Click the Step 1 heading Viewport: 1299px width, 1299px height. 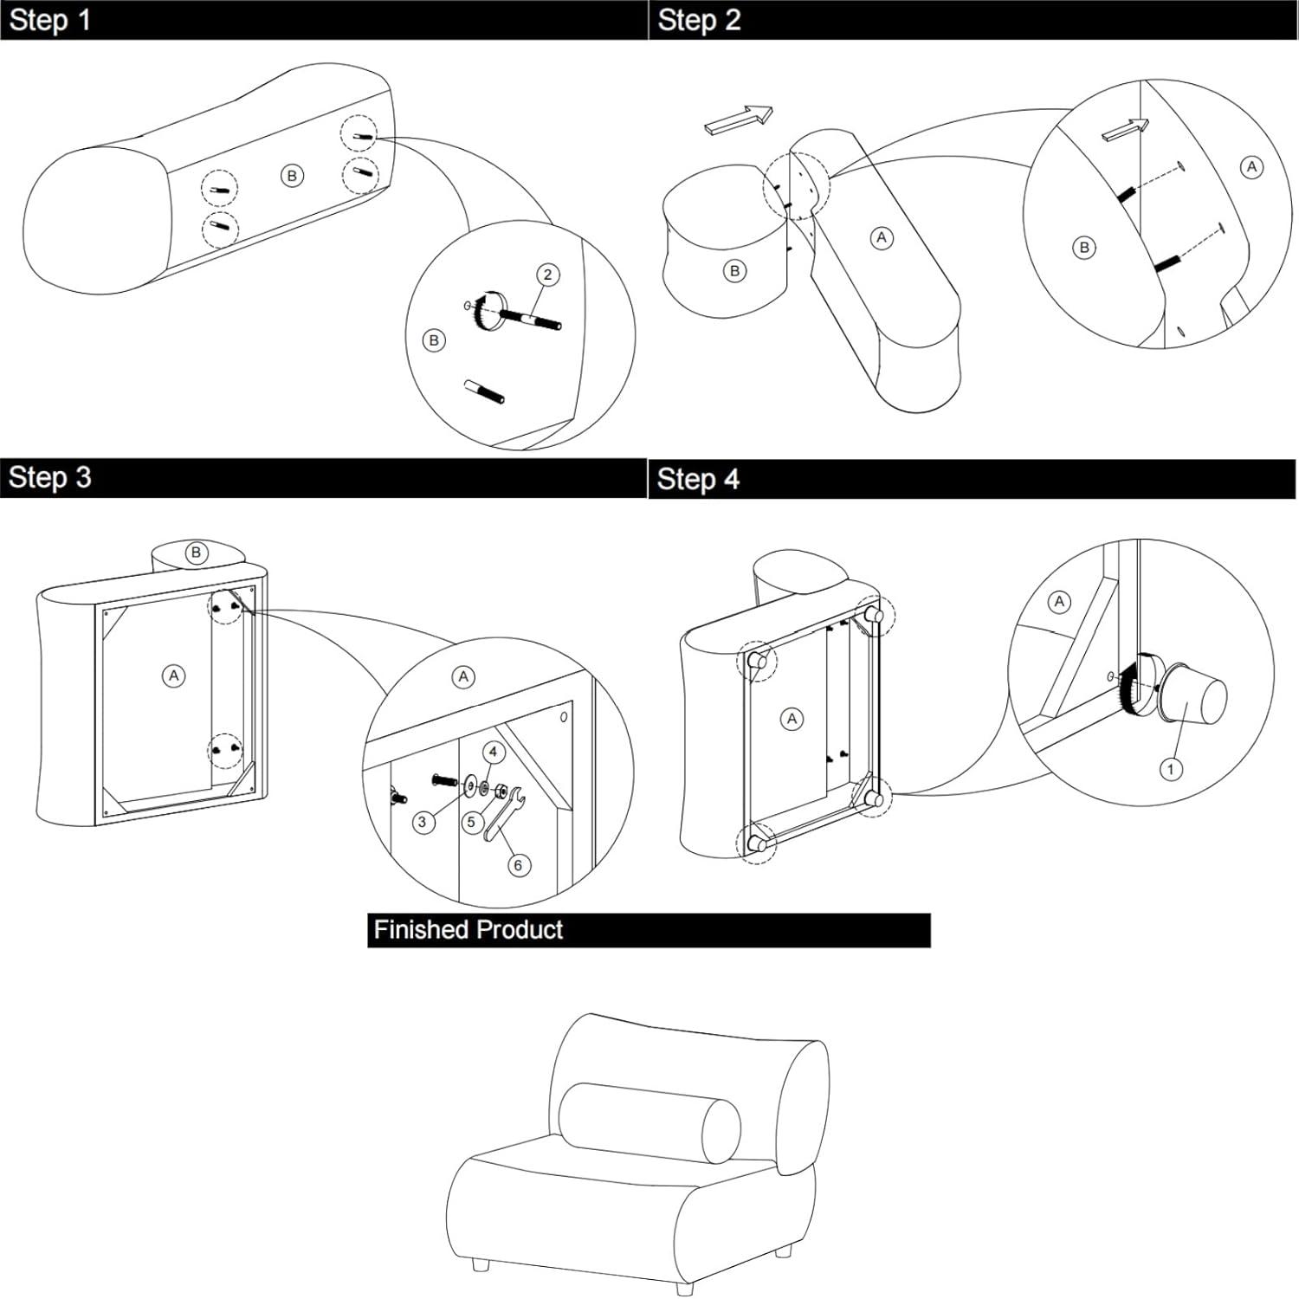[x=49, y=20]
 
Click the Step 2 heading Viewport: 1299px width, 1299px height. [x=699, y=20]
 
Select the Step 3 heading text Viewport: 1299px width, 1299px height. [x=49, y=477]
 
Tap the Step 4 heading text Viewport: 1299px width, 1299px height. [x=698, y=479]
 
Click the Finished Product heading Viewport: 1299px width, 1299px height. [x=468, y=930]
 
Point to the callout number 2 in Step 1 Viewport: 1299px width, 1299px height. [x=547, y=275]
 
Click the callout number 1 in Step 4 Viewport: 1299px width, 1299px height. [x=1171, y=769]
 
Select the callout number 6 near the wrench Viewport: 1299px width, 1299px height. [x=519, y=864]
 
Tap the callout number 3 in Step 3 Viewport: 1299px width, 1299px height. [x=423, y=822]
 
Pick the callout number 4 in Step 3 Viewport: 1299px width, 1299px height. [x=494, y=752]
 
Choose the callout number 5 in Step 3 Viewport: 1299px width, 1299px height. [x=471, y=822]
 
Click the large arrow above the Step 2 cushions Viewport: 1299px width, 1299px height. [x=739, y=120]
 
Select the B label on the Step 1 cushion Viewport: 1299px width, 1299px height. [x=292, y=176]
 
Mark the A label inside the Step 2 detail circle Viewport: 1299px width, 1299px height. [x=1251, y=167]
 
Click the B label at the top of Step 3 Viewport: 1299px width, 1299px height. [x=197, y=553]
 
